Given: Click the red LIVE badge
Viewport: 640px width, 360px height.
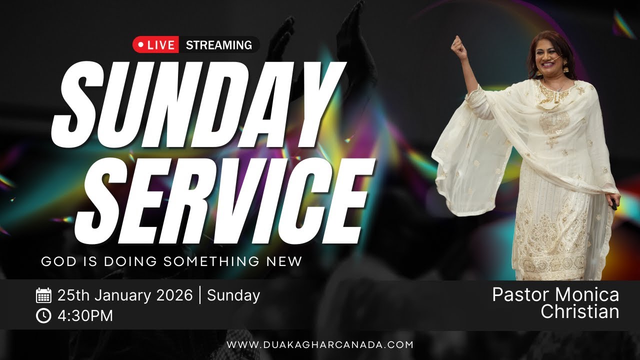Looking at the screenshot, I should pos(155,45).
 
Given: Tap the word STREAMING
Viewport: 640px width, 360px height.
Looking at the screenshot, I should pos(218,45).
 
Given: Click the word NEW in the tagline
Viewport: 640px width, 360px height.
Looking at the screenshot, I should pos(284,261).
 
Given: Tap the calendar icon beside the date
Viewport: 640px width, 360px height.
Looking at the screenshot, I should pos(44,295).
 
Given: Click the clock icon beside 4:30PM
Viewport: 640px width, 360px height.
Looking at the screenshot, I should pos(44,316).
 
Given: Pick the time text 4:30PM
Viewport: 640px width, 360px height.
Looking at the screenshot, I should pos(85,316).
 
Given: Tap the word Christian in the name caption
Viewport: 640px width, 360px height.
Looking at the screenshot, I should pos(580,311).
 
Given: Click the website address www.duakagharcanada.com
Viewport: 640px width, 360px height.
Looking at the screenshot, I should pos(320,344).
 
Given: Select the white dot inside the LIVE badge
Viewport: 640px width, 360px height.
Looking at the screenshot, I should pos(140,45).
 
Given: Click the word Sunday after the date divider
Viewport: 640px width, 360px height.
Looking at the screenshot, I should pos(233,295).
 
